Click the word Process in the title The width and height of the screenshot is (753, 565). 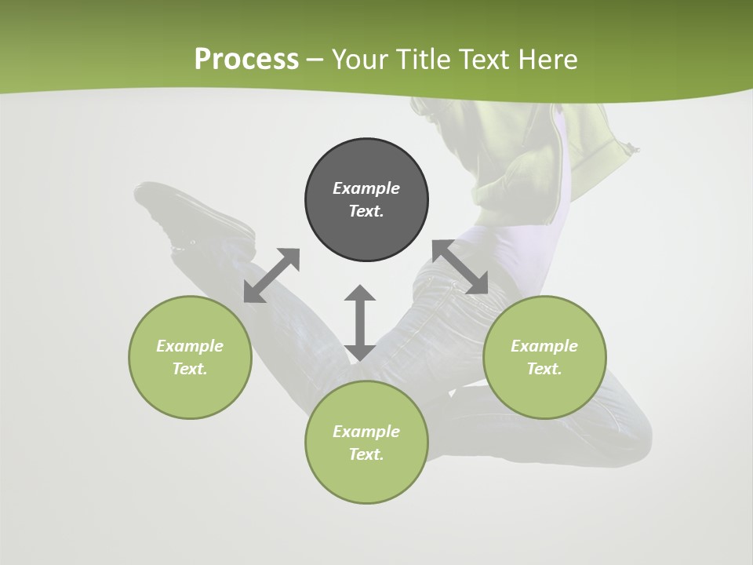[246, 60]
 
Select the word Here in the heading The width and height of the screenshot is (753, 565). [548, 60]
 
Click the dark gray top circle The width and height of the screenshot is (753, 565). [366, 228]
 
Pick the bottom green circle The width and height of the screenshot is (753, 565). [366, 479]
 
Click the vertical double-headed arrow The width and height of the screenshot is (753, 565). [360, 323]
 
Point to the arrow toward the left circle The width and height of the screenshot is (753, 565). [271, 275]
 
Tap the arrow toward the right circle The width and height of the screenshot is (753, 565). [460, 267]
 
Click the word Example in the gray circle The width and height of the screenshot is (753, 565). [366, 188]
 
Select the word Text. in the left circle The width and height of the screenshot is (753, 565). [190, 369]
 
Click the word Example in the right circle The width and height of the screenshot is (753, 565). [544, 346]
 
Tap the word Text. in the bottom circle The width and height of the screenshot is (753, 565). [366, 454]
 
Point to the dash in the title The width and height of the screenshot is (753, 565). [315, 60]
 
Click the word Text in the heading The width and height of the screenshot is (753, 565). [485, 60]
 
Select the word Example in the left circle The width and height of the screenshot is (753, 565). [190, 346]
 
